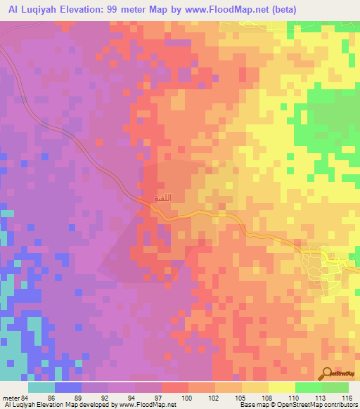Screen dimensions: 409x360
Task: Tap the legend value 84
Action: point(28,398)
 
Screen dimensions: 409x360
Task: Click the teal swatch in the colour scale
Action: point(41,387)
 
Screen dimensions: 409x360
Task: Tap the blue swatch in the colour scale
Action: point(68,387)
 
